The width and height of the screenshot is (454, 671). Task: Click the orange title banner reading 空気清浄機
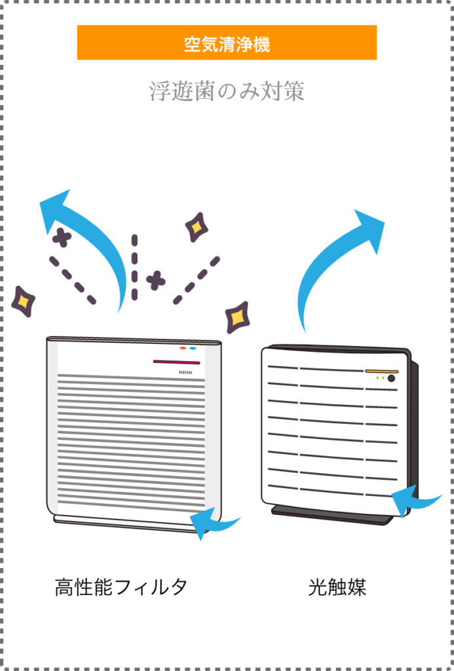227,43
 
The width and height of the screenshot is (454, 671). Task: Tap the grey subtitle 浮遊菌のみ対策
227,92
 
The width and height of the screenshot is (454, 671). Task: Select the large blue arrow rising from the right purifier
334,262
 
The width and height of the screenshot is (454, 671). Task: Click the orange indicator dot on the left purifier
183,348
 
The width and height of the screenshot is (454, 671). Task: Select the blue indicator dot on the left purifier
193,348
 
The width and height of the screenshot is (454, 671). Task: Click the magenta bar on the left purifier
176,362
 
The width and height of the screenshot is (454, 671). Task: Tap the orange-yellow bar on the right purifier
381,372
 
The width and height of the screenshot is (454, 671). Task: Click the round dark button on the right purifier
391,379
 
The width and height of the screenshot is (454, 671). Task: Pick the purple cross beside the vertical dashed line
155,280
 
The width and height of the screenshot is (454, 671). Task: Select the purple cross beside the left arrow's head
62,237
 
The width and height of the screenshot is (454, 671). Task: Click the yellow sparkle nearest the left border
23,301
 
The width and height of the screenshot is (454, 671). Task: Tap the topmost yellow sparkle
196,227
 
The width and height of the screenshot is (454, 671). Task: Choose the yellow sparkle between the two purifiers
237,317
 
